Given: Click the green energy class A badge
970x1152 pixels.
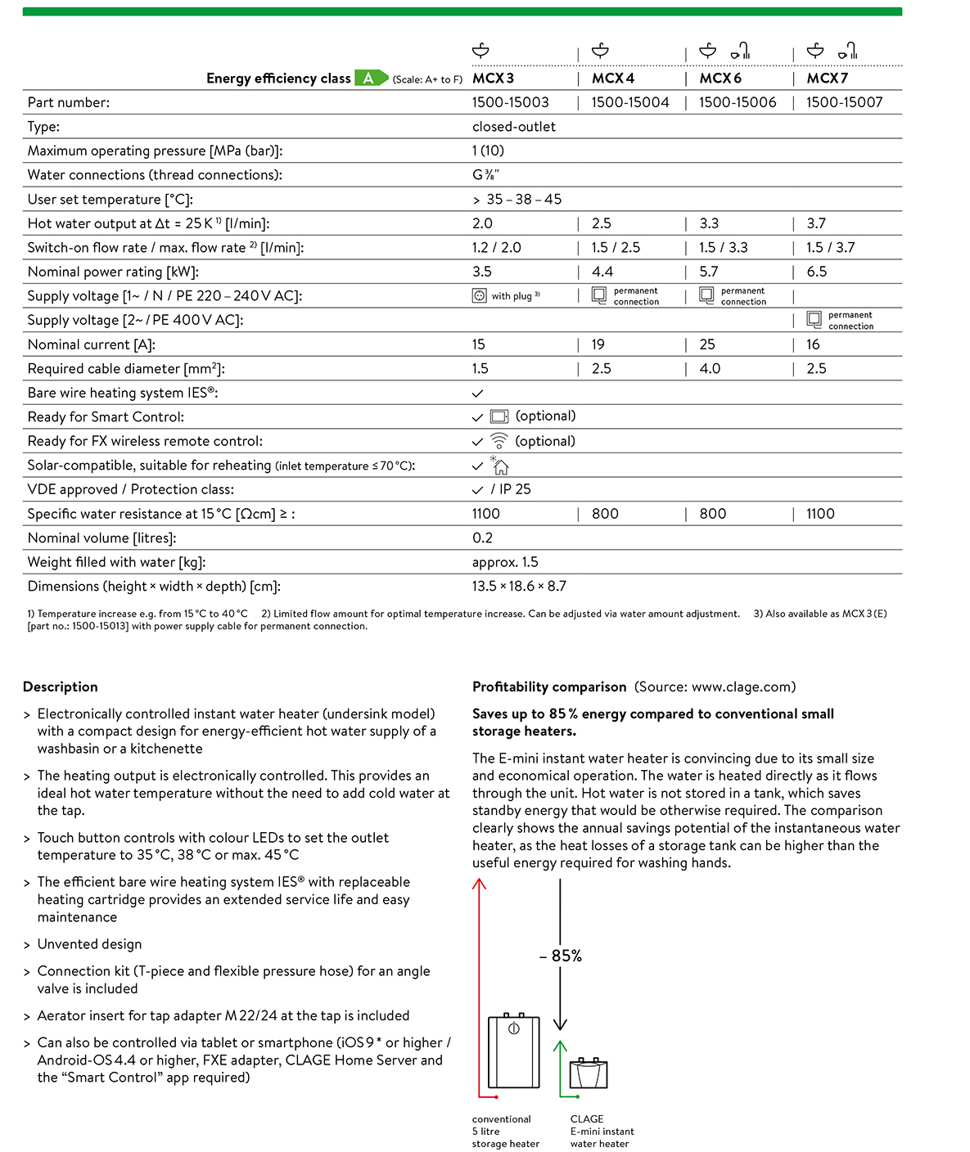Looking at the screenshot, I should pos(370,79).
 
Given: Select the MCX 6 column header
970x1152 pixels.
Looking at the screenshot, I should pos(720,79).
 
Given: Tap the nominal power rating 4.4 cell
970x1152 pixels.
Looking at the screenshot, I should pos(602,272).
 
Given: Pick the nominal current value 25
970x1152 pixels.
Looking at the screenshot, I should pos(707,344).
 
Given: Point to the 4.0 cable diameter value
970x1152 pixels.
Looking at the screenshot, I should pos(710,369).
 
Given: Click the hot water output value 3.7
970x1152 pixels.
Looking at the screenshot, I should pos(816,223).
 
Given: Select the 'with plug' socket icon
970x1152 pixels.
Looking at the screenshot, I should pos(480,295).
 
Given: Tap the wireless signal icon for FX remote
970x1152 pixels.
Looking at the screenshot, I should pos(499,441).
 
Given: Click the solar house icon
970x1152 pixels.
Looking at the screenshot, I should pos(499,466).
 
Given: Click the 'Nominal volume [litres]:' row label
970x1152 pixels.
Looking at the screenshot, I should pos(102,538).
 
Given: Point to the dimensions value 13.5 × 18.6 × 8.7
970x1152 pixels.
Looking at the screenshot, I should pos(519,587).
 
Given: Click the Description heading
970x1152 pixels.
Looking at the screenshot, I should pos(61,687).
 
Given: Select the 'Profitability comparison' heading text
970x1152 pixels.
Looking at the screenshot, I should pos(549,687).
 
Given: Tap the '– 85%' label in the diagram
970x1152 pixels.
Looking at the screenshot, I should pos(561,956).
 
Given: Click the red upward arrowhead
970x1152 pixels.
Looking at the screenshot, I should pos(480,884).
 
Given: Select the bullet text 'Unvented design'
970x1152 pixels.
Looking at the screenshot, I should pos(89,944).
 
